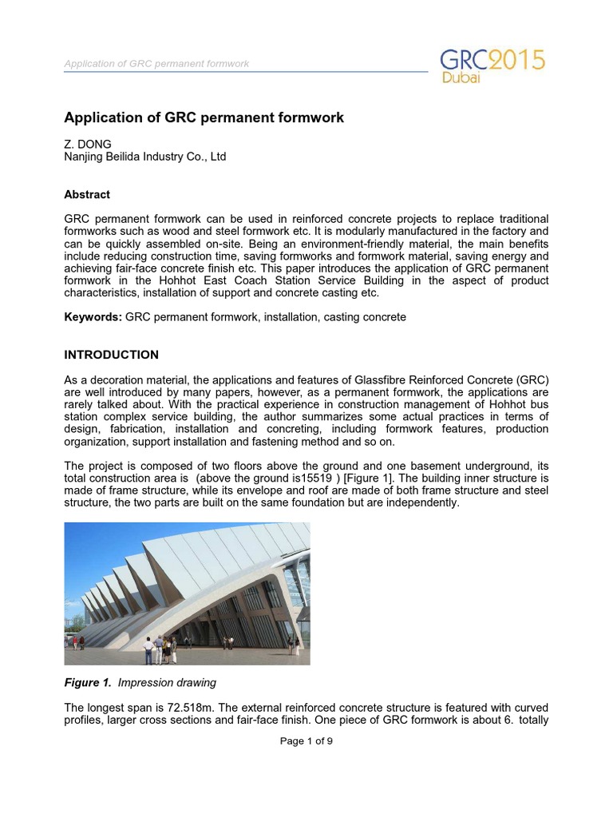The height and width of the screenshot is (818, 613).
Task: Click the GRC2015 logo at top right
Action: (x=492, y=62)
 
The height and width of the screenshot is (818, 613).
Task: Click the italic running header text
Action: (x=156, y=63)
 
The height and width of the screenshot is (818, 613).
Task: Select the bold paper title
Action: (x=204, y=117)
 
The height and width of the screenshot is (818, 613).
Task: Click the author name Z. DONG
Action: (x=88, y=144)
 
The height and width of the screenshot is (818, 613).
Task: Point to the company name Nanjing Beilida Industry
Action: (x=144, y=157)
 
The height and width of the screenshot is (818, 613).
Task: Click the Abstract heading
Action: (x=87, y=194)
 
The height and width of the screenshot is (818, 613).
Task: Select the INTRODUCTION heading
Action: (x=111, y=355)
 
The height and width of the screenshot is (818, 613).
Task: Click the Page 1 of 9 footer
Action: (x=306, y=741)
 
